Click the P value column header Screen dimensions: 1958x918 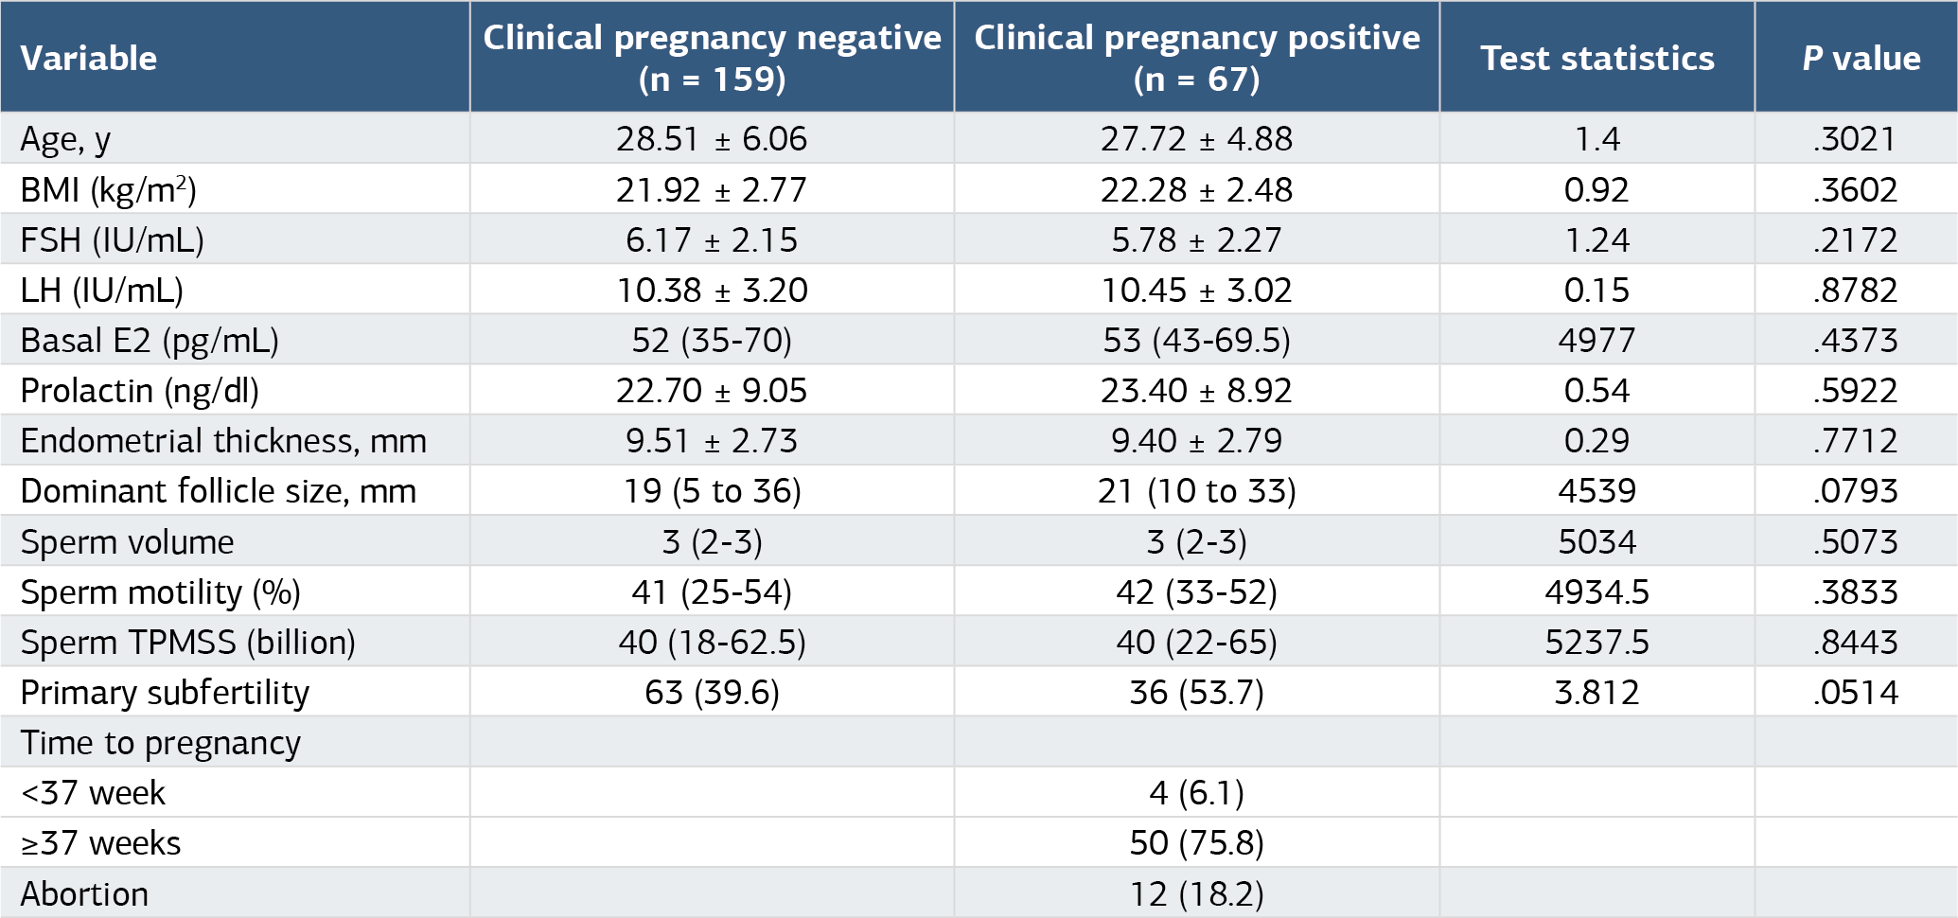click(x=1861, y=59)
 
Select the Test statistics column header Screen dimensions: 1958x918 click(x=1597, y=59)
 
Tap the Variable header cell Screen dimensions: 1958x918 click(x=89, y=59)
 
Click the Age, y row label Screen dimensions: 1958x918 click(x=65, y=140)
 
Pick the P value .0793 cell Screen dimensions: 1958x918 click(x=1856, y=491)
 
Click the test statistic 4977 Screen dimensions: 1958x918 click(x=1597, y=341)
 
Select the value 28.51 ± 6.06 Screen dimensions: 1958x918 click(x=712, y=139)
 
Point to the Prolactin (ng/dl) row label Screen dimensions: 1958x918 click(x=139, y=392)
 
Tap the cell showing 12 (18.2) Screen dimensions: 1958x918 click(x=1197, y=894)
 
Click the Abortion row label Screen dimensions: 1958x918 click(x=84, y=894)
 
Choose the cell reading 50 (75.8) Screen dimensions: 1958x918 click(x=1197, y=843)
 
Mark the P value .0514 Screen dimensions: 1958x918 click(x=1856, y=693)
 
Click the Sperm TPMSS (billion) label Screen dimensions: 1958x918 click(x=188, y=644)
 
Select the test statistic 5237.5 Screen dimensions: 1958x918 click(x=1597, y=643)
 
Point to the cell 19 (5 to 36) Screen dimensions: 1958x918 click(x=712, y=492)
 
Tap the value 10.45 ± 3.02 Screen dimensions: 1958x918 click(x=1197, y=291)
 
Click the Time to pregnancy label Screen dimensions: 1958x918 click(x=161, y=744)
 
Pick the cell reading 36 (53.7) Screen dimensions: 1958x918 click(x=1197, y=694)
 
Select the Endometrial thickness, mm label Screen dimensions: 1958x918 click(x=223, y=442)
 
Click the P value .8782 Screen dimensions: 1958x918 click(x=1856, y=291)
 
